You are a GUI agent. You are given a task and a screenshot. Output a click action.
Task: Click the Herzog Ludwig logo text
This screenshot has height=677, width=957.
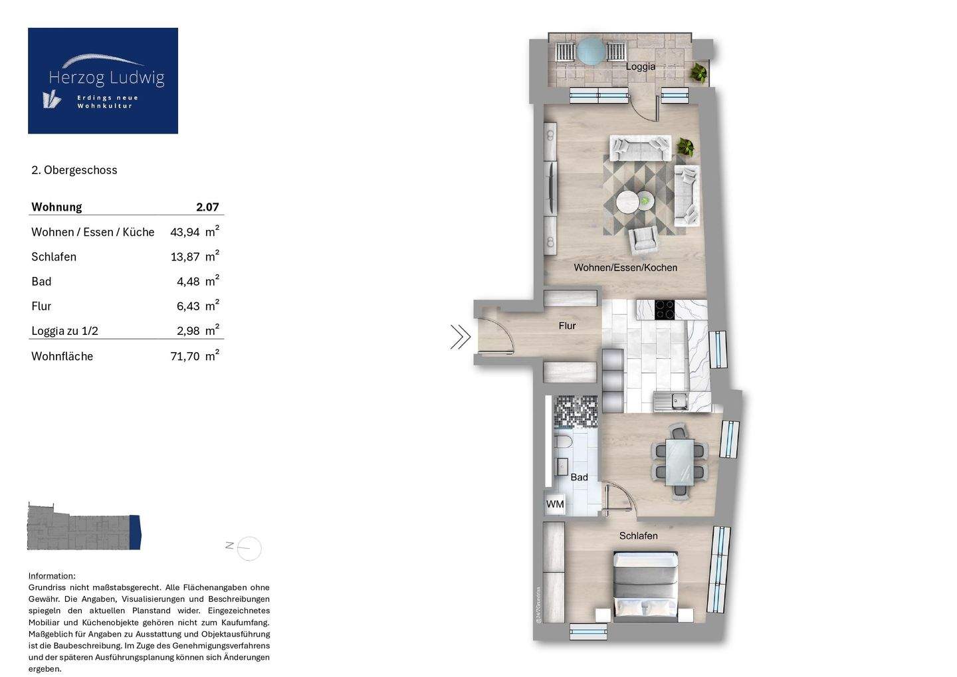point(106,78)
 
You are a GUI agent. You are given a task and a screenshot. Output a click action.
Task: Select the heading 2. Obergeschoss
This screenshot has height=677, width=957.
point(74,170)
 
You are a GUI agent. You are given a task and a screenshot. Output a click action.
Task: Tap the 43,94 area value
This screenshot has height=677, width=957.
point(185,233)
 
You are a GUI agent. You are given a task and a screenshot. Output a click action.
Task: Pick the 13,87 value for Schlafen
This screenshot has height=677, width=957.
point(185,257)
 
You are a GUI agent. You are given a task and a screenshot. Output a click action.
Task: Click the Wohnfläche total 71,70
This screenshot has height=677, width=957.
point(185,356)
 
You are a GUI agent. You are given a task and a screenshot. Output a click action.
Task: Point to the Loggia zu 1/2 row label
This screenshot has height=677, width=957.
point(64,331)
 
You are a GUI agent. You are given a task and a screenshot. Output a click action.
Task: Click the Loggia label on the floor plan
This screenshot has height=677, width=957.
point(641,66)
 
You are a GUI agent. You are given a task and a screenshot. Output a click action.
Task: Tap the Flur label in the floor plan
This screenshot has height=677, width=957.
point(568,326)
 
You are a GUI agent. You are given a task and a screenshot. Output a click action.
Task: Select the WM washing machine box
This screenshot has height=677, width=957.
point(554,504)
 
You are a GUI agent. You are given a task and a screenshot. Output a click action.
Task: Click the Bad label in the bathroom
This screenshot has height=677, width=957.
point(579,477)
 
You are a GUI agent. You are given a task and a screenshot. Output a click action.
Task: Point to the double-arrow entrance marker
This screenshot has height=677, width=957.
point(460,337)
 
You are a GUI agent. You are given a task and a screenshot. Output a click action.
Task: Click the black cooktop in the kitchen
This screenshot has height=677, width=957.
point(665,310)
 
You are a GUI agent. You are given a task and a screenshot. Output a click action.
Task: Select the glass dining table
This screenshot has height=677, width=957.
point(680,462)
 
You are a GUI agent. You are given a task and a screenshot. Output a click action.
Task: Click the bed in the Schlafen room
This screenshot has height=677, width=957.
point(645,586)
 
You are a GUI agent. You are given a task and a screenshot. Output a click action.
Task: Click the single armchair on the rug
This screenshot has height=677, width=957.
point(643,241)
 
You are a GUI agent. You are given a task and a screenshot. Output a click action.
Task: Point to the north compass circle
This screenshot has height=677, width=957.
point(249,548)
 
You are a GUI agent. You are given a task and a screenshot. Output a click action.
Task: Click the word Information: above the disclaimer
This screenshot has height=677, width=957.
point(52,576)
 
